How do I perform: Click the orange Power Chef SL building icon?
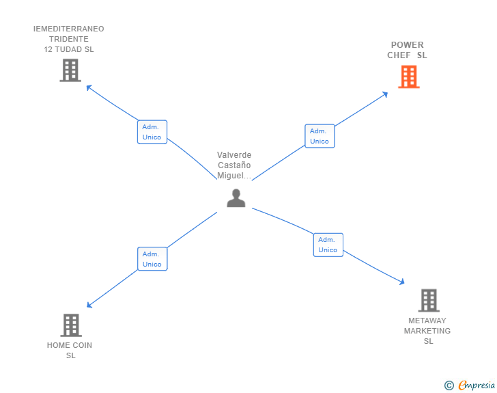point(408,77)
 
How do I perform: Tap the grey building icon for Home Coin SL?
point(71,325)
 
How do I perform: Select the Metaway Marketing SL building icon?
point(428,300)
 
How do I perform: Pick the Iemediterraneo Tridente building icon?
point(70,70)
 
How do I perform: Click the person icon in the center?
point(236,198)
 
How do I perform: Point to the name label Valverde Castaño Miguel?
point(234,165)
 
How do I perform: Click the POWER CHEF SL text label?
point(407,50)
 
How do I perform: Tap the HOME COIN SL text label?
point(70,350)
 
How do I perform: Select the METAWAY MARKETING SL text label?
point(427,330)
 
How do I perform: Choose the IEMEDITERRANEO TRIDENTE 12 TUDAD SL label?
point(69,39)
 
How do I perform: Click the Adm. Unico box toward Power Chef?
point(319,136)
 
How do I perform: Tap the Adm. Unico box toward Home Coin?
point(152,259)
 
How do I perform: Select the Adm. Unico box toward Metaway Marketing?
point(328,245)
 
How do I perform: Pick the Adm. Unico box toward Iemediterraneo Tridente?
point(152,132)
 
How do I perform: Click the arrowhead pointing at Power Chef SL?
point(385,94)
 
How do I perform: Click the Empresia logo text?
point(477,385)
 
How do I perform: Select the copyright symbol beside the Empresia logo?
point(449,385)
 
